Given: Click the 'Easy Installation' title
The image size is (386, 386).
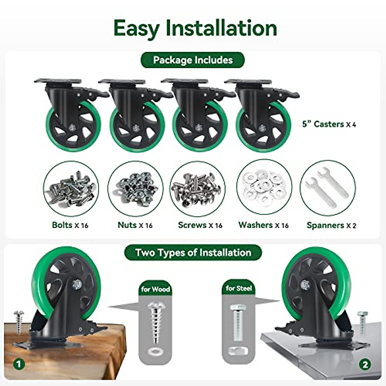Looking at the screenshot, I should click(195, 28).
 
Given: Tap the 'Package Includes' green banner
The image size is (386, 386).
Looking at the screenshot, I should click(193, 60).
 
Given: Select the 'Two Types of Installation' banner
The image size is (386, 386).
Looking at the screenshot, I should click(193, 253).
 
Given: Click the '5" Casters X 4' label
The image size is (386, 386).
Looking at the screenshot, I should click(329, 124).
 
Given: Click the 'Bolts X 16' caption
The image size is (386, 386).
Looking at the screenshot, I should click(70, 225).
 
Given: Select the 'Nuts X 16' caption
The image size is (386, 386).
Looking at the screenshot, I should click(135, 225).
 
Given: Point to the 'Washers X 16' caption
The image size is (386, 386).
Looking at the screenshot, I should click(263, 225).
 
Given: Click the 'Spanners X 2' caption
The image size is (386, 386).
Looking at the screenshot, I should click(331, 225).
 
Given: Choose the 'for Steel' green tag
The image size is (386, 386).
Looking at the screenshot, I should click(238, 288).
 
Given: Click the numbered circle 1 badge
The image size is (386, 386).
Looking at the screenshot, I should click(19, 364).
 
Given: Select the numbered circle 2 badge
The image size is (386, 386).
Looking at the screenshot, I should click(365, 364).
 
